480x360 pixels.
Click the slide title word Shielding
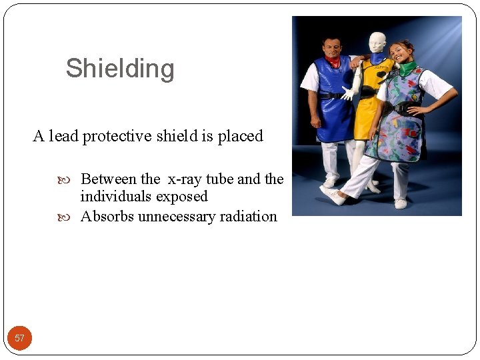coord(120,69)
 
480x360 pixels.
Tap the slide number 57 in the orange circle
coord(19,338)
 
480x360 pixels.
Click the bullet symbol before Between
coord(73,179)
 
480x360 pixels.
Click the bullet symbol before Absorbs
coord(73,217)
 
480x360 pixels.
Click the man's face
coord(331,48)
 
